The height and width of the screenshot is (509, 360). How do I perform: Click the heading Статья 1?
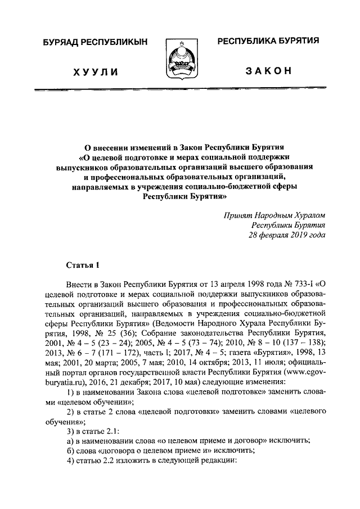click(x=82, y=264)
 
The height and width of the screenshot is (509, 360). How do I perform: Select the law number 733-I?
click(x=299, y=285)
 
